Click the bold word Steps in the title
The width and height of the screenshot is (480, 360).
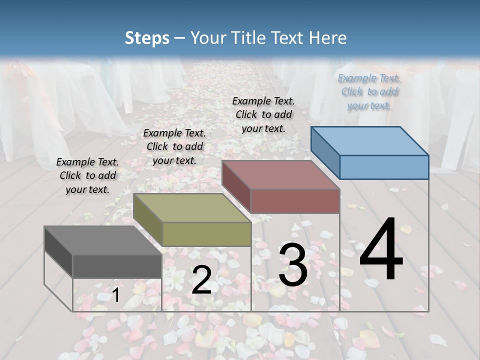147,38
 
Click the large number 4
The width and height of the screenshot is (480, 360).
381,250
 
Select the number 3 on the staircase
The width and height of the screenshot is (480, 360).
293,265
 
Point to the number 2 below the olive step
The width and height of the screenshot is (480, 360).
201,280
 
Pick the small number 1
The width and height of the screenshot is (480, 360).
115,295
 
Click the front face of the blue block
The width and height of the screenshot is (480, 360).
384,167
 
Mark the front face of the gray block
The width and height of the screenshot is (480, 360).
117,266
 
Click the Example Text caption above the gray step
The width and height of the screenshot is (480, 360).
87,175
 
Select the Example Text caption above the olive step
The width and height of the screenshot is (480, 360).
174,146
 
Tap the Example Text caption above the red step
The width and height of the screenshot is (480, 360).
263,114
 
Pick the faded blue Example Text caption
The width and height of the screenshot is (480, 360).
369,91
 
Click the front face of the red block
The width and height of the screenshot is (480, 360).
295,201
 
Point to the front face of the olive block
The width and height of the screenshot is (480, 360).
206,234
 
